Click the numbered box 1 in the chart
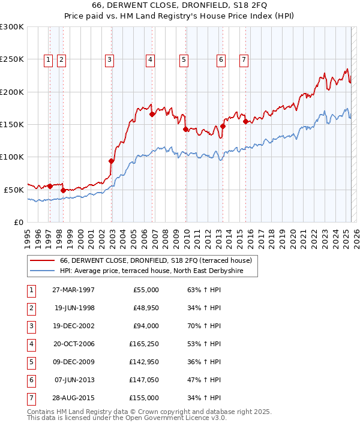coord(48,59)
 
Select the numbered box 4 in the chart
coord(150,59)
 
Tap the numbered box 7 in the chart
coord(244,59)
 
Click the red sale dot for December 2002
coord(111,161)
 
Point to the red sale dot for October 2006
coord(152,115)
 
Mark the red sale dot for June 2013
coord(223,126)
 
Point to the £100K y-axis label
coord(12,157)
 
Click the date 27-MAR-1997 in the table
coord(74,290)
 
